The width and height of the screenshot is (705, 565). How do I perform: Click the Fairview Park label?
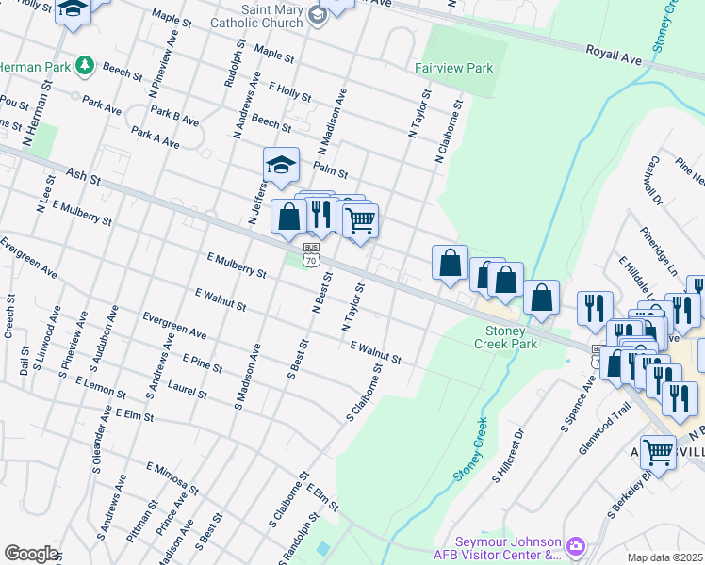(454, 69)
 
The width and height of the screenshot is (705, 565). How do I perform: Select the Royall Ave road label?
(614, 55)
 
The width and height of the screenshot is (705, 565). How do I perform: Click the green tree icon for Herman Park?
(86, 65)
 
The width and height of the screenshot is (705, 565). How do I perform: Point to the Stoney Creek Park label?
(511, 337)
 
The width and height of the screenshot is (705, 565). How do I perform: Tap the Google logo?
(31, 554)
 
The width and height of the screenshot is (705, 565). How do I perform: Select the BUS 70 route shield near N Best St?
(312, 256)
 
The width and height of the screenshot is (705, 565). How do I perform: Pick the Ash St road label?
(84, 174)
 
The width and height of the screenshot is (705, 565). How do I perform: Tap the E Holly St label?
(289, 90)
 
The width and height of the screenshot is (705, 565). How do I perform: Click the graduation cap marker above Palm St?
(281, 167)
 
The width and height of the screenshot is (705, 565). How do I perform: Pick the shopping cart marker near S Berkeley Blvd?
(658, 453)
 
